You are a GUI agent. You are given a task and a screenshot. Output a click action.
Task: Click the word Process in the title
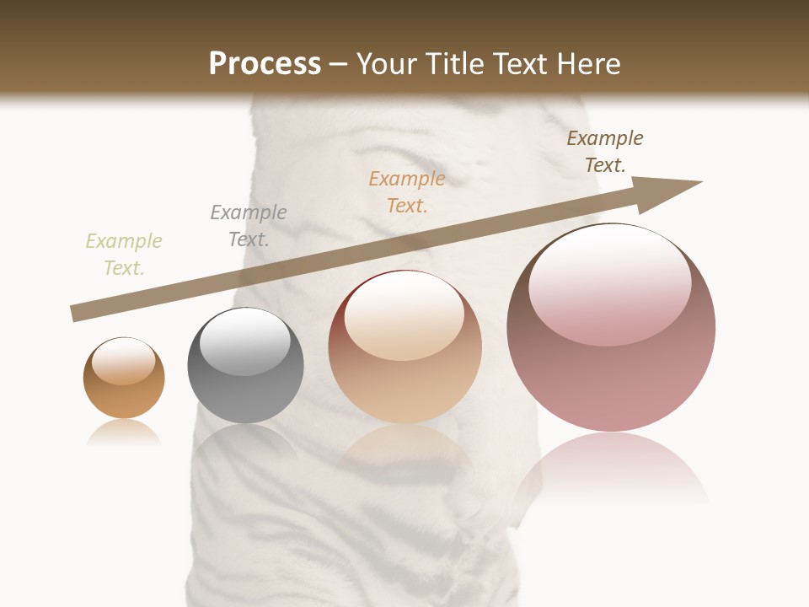click(x=265, y=64)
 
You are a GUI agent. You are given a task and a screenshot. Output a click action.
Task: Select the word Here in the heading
click(x=589, y=64)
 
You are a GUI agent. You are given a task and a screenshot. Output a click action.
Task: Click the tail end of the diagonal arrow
click(x=76, y=313)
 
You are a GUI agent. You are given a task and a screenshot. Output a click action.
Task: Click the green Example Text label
click(x=124, y=255)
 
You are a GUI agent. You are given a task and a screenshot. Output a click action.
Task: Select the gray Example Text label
click(x=249, y=226)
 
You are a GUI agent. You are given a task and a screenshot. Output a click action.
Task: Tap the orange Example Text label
click(x=407, y=192)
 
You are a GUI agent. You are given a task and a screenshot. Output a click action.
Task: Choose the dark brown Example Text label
click(x=605, y=152)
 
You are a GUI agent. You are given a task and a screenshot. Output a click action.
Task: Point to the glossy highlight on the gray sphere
click(x=244, y=341)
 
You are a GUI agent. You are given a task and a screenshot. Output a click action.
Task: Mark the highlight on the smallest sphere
click(x=123, y=361)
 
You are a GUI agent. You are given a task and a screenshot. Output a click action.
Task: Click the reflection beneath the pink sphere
click(x=611, y=468)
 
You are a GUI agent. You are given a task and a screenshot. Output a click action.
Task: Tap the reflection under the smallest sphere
click(x=124, y=433)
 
